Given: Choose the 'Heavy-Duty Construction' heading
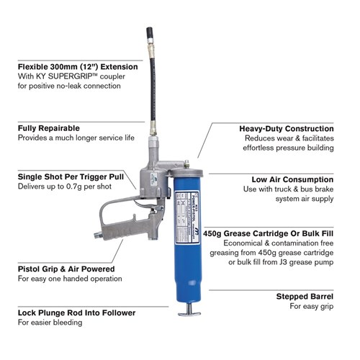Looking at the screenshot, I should (286, 128).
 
